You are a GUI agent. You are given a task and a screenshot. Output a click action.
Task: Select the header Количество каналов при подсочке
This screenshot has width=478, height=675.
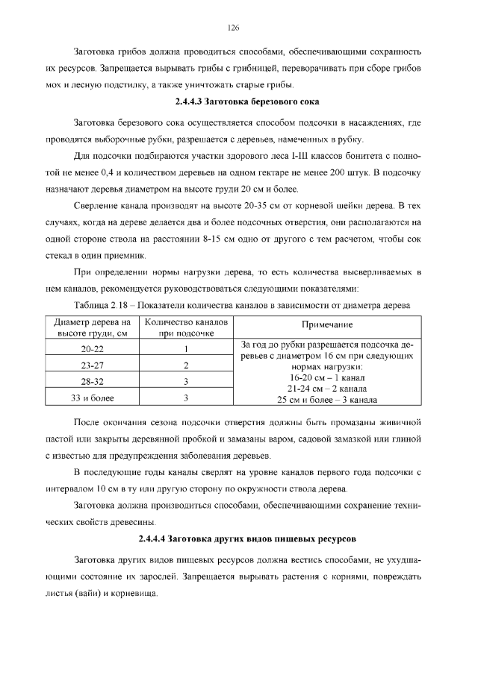click(184, 327)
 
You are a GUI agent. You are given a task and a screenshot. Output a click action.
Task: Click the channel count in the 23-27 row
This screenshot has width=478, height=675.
click(184, 365)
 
